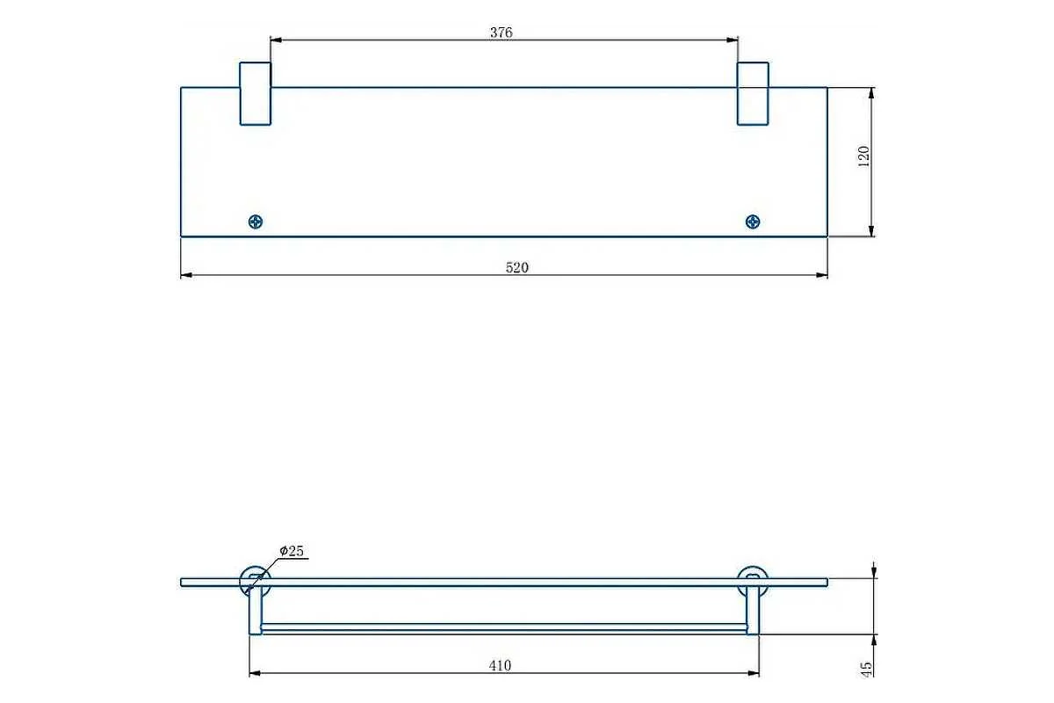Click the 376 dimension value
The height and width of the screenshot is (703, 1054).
click(502, 33)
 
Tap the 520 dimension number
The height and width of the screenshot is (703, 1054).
click(517, 267)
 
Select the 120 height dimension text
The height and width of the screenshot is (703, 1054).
click(864, 156)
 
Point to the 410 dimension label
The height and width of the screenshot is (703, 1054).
click(500, 665)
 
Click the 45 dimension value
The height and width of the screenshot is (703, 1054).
click(866, 669)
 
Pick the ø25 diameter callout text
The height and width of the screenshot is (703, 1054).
click(292, 550)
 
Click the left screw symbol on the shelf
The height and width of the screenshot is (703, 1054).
click(256, 221)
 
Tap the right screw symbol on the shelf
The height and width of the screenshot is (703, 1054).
click(753, 221)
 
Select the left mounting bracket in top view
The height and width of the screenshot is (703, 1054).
click(256, 94)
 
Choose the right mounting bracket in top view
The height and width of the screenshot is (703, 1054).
click(753, 94)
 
